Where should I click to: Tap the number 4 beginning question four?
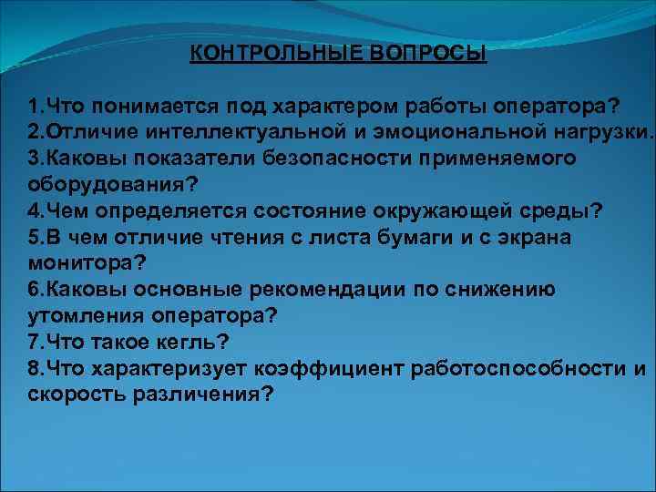tap(34, 212)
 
